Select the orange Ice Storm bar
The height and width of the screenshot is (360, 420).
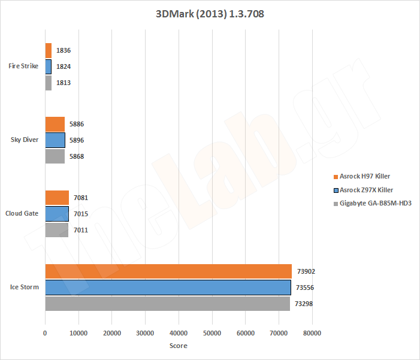[168, 271]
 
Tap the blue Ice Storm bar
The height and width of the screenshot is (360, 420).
[167, 288]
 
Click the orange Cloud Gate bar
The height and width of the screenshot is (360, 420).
[57, 198]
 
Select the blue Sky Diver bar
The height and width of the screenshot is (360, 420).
[55, 140]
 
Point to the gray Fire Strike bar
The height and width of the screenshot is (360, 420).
[48, 83]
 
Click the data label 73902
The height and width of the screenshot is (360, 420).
[306, 271]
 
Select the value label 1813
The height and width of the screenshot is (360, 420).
[64, 83]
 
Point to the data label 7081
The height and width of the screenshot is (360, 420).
[81, 198]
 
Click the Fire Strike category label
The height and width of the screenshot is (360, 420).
[24, 66]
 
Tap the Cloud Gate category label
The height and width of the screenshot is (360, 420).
[22, 214]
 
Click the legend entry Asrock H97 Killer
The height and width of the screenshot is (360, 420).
[368, 176]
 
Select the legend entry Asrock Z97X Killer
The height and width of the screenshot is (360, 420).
[369, 189]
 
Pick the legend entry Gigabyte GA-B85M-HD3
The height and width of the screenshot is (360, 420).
[375, 203]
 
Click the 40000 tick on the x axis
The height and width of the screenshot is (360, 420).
[179, 333]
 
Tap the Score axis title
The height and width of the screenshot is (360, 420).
[178, 346]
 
